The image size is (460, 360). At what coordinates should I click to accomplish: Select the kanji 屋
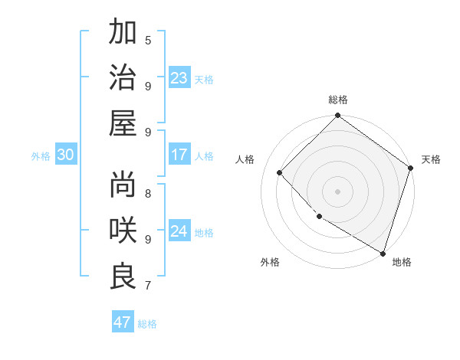[x=123, y=123]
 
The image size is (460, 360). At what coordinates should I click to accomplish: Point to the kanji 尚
[x=123, y=184]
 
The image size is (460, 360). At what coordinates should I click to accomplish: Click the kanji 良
[x=123, y=276]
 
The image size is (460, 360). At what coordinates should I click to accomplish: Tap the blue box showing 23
[x=179, y=78]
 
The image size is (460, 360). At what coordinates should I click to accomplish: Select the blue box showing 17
[x=179, y=155]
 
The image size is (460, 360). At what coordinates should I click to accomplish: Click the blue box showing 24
[x=179, y=231]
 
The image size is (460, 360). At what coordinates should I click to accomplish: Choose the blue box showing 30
[x=65, y=155]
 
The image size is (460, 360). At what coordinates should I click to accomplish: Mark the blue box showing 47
[x=123, y=322]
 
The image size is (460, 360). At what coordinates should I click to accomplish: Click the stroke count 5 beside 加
[x=148, y=40]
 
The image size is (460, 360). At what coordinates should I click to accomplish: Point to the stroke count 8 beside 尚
[x=148, y=192]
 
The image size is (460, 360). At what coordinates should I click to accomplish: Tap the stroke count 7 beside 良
[x=148, y=286]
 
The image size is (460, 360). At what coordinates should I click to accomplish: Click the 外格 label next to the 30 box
[x=41, y=156]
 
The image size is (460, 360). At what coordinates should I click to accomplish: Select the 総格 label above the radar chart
[x=338, y=100]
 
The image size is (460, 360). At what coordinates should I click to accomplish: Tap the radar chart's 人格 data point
[x=280, y=173]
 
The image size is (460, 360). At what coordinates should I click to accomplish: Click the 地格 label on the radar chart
[x=402, y=262]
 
